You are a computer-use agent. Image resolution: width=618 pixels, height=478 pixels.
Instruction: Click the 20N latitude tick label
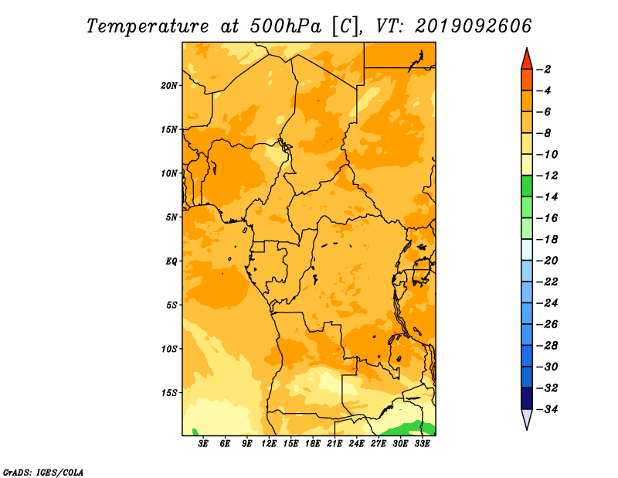click(x=169, y=86)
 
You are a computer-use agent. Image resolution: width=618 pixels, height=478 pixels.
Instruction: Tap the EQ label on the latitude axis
click(x=171, y=261)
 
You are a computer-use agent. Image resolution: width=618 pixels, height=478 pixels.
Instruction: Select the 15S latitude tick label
click(x=169, y=393)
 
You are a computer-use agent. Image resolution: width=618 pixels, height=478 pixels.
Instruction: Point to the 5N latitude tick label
click(x=171, y=217)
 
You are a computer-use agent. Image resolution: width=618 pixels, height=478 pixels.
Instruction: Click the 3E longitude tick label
click(x=203, y=444)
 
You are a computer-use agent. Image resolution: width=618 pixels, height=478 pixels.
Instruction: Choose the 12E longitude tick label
click(x=269, y=444)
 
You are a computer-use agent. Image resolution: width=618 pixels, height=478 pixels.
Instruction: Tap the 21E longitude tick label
click(x=334, y=444)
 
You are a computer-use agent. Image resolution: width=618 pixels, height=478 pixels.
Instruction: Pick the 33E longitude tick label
click(x=422, y=444)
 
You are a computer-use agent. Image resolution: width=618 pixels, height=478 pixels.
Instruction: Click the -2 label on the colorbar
click(x=544, y=70)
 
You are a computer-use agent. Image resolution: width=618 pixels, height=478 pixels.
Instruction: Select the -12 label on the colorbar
click(x=547, y=176)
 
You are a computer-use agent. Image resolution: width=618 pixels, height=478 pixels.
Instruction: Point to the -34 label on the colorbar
click(x=547, y=409)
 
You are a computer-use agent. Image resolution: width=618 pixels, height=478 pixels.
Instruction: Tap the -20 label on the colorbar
click(x=547, y=261)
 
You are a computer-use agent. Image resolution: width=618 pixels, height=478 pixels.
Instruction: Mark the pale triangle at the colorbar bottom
click(x=527, y=418)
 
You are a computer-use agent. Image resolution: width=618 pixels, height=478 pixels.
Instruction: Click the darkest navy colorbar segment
click(x=527, y=398)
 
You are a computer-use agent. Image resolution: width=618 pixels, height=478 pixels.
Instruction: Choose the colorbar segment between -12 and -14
click(x=527, y=186)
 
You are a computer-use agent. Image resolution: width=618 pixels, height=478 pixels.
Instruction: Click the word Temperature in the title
click(x=148, y=26)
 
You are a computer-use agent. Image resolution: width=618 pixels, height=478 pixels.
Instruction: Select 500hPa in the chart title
click(x=285, y=26)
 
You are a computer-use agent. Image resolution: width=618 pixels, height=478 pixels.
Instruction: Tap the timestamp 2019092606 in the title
click(x=473, y=26)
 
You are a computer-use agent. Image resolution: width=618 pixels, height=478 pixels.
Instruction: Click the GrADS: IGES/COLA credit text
click(x=43, y=472)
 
